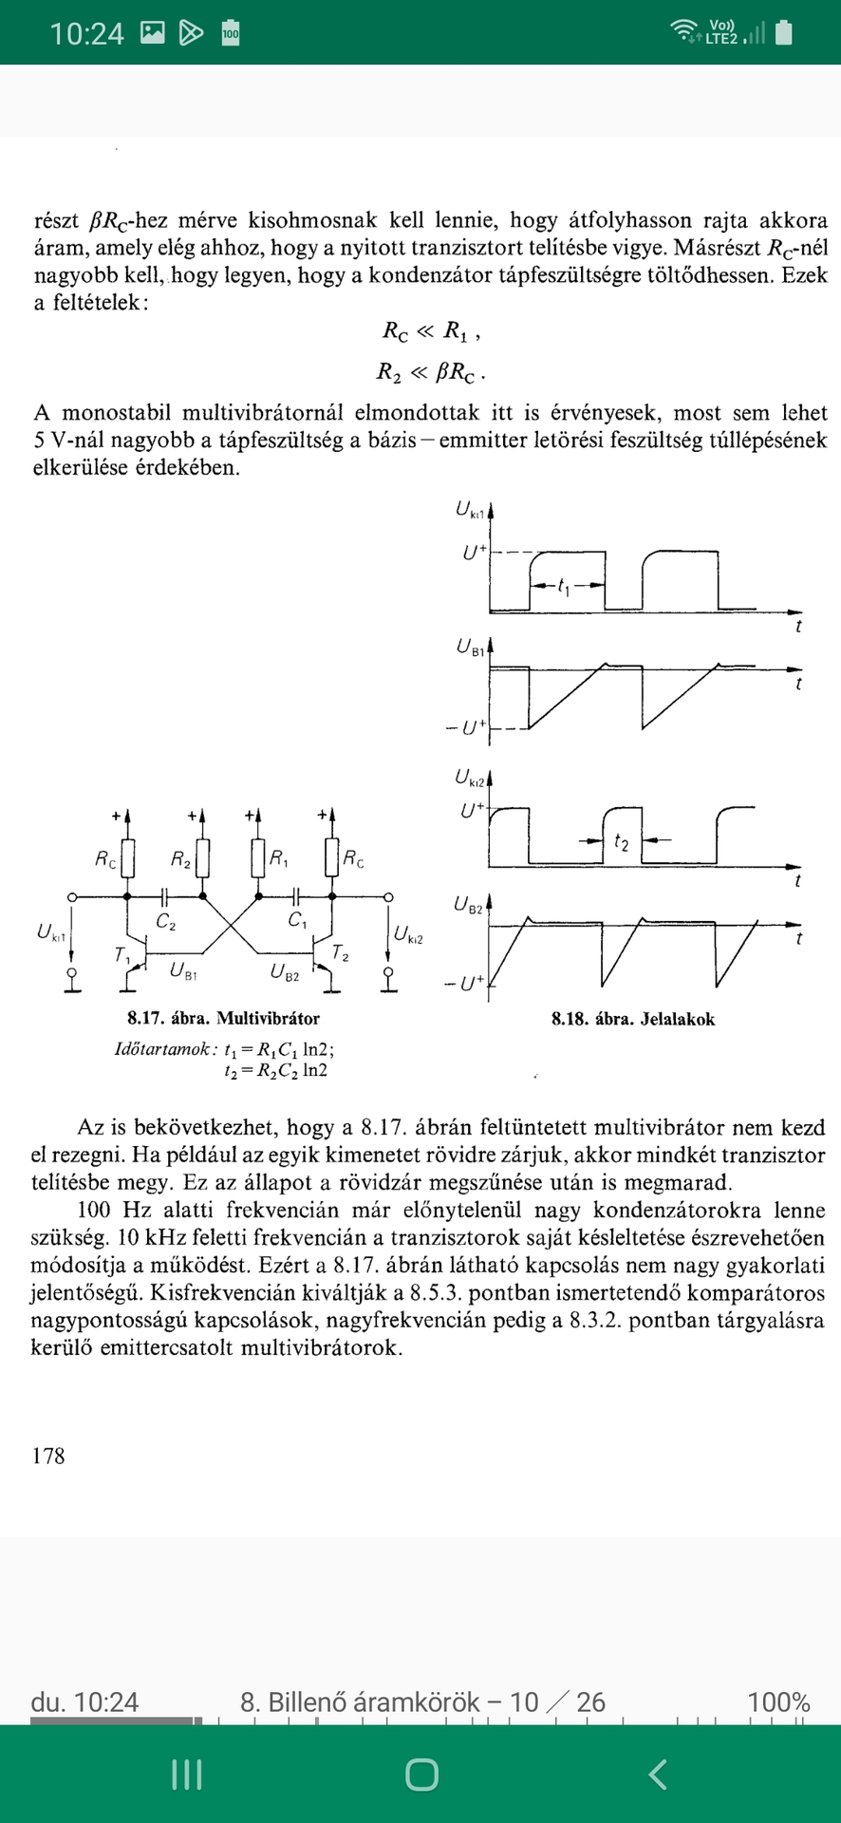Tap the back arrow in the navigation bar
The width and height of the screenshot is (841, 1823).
[658, 1774]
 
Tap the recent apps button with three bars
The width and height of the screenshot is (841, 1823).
[186, 1774]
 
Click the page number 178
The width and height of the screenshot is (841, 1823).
[48, 1456]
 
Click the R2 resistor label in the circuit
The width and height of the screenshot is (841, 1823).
[180, 859]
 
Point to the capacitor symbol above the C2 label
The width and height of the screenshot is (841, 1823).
[165, 895]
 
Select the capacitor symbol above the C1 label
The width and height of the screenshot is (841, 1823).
[296, 895]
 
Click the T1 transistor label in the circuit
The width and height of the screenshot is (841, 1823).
[122, 955]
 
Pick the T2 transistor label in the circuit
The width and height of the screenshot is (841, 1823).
[340, 952]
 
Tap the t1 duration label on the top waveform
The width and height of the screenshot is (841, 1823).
[565, 587]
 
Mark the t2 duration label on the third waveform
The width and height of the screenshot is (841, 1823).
[621, 841]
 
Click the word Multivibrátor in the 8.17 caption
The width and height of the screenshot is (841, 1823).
[269, 1019]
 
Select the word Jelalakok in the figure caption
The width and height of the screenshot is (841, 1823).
[678, 1020]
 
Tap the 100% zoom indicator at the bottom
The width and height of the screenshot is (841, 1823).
[778, 1701]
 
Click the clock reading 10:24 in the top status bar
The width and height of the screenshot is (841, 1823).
[86, 33]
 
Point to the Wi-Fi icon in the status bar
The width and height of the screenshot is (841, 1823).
[682, 32]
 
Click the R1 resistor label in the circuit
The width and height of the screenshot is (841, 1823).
[279, 858]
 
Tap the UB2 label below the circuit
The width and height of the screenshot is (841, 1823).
[285, 971]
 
